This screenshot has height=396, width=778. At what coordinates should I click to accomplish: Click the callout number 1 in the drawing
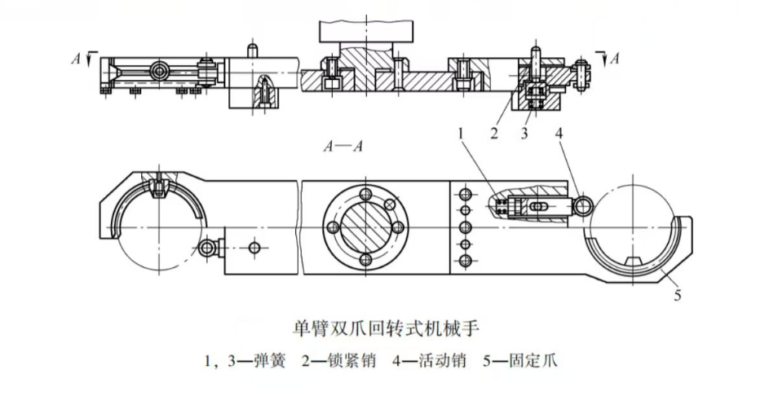(x=462, y=132)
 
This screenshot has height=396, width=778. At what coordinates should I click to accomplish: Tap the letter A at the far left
(x=74, y=58)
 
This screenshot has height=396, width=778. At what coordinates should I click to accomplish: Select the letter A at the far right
(x=614, y=58)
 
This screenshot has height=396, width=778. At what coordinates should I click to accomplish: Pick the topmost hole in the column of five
(x=466, y=194)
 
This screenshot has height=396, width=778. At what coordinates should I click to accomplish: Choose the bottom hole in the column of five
(x=466, y=261)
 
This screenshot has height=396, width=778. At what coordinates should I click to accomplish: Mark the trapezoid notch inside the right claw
(x=633, y=260)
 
